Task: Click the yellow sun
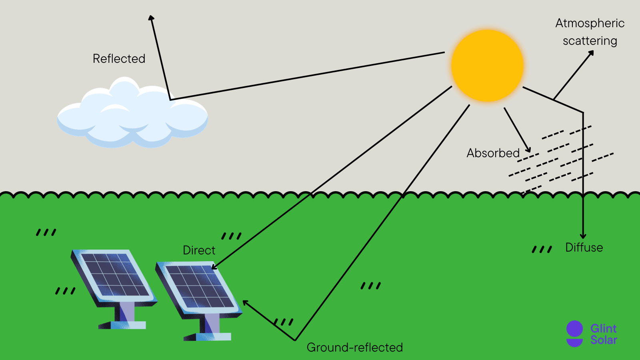point(487,65)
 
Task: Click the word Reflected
point(119,59)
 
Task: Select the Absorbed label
point(493,153)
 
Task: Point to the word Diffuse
point(584,248)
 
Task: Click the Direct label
point(199,250)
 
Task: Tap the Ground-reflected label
point(354,347)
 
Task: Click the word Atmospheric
point(590,23)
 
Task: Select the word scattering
point(590,41)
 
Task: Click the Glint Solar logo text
point(604,334)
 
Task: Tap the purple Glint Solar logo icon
point(574,334)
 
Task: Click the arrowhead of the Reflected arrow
point(151,18)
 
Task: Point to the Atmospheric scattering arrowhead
point(591,53)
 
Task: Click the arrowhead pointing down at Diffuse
point(583,236)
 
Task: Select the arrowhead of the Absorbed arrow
point(528,150)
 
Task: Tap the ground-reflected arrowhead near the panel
point(245,303)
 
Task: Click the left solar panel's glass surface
point(114,274)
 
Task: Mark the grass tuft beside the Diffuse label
point(542,250)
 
